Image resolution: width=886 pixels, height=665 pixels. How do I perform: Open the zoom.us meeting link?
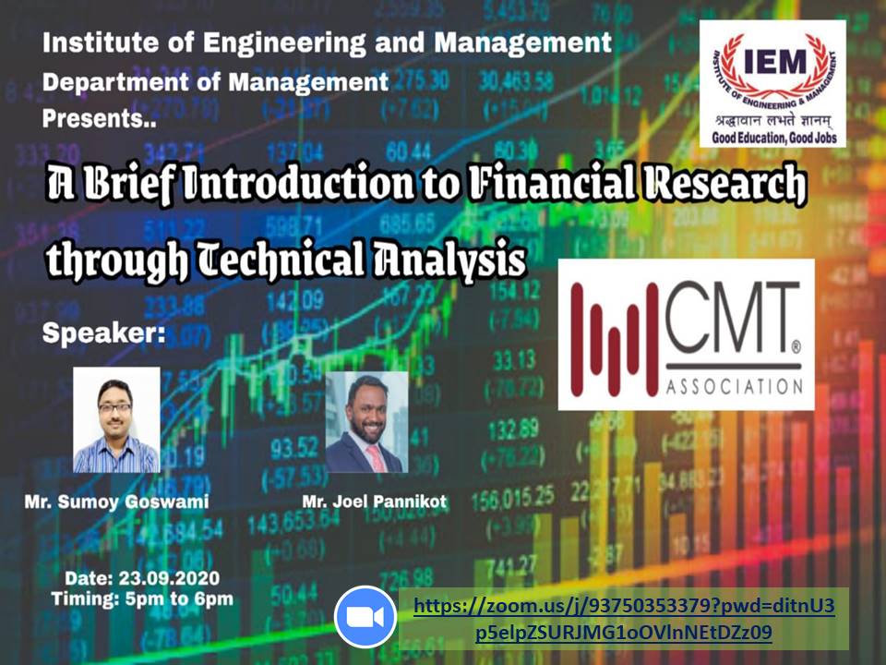click(624, 619)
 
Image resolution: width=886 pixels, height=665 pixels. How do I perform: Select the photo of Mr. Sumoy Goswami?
click(116, 420)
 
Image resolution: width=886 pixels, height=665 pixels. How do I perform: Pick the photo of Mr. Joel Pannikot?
click(366, 422)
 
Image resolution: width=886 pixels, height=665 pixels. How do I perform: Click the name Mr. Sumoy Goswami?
click(116, 502)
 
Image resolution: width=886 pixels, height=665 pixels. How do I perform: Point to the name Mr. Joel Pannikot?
click(374, 502)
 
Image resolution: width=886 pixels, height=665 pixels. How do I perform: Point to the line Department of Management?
click(215, 82)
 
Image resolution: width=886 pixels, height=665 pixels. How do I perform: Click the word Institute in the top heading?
click(94, 42)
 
